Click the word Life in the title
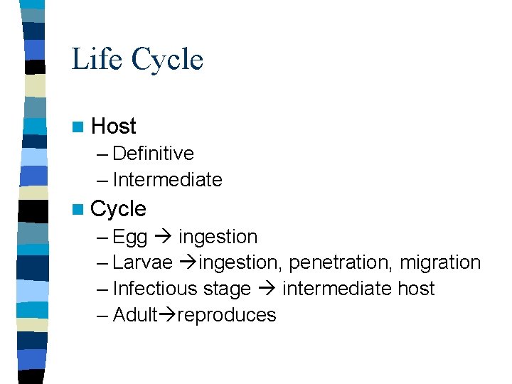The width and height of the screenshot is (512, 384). (x=95, y=59)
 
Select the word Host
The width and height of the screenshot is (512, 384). (x=114, y=127)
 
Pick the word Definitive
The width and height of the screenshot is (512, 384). (x=153, y=154)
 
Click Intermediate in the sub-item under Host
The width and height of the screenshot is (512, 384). (x=167, y=180)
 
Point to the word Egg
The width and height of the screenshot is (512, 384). (x=129, y=237)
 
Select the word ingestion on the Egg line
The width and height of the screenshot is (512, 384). (x=218, y=236)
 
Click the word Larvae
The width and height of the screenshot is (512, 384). (x=142, y=262)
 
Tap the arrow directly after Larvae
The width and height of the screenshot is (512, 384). (x=187, y=262)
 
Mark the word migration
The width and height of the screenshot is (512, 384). (x=440, y=262)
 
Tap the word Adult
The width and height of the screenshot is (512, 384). (x=135, y=315)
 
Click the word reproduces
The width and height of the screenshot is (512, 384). (x=227, y=315)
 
